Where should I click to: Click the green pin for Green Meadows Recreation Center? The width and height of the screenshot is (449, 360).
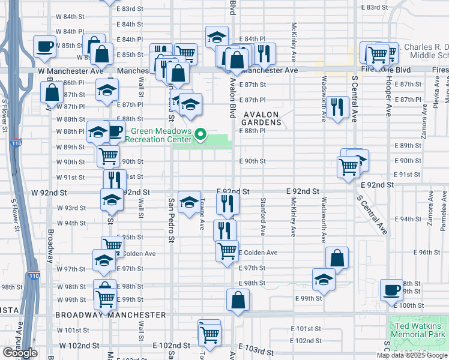tap(202, 134)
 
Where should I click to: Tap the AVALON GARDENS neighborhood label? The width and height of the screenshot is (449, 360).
tap(262, 118)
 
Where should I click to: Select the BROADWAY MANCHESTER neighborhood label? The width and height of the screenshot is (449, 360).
tap(110, 314)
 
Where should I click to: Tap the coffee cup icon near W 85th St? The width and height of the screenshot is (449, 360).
tap(44, 46)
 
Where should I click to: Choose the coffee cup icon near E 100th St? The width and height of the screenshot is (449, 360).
tap(391, 289)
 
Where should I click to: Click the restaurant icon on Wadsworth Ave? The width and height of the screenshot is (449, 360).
tap(339, 107)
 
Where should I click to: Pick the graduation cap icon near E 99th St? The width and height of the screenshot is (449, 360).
tap(324, 279)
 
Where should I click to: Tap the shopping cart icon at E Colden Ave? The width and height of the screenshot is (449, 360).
tap(228, 251)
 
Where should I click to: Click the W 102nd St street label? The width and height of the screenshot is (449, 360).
tap(74, 346)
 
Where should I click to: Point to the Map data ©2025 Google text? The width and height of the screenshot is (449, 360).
tap(412, 355)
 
